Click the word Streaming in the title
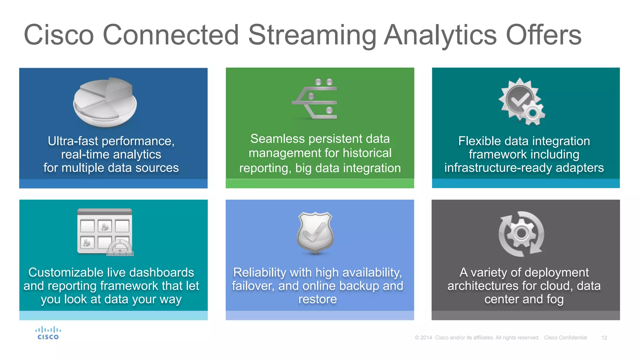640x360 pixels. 312,35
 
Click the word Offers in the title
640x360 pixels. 543,35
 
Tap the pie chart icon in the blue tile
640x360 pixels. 105,102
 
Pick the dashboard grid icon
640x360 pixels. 105,232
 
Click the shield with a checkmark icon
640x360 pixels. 315,232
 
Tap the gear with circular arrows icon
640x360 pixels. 521,234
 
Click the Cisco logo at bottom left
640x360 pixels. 48,333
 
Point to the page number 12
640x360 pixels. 604,338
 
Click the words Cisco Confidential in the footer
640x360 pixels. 565,338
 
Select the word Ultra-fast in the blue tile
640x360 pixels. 73,141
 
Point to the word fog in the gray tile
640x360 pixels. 555,299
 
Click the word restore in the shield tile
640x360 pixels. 317,299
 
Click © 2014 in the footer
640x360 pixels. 423,338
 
